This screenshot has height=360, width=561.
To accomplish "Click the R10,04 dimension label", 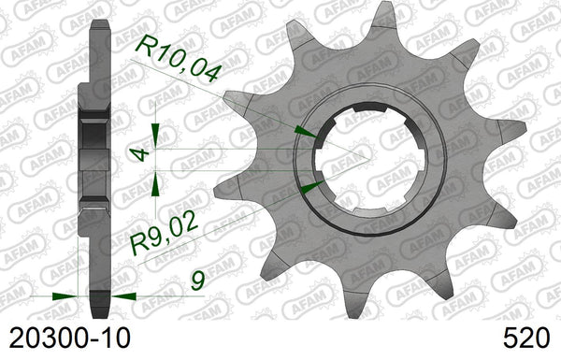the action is click(177, 58).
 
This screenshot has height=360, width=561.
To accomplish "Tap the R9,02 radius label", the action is click(164, 233).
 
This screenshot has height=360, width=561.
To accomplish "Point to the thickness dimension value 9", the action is click(197, 281).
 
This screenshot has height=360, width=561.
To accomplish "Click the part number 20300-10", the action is click(69, 338).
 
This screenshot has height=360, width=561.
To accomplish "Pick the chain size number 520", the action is click(525, 338).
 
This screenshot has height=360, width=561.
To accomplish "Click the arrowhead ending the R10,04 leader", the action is click(306, 132).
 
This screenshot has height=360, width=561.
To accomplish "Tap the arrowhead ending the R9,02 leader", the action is click(312, 187).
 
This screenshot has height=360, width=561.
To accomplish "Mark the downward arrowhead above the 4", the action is click(155, 136).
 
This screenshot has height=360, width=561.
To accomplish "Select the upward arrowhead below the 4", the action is click(155, 183).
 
